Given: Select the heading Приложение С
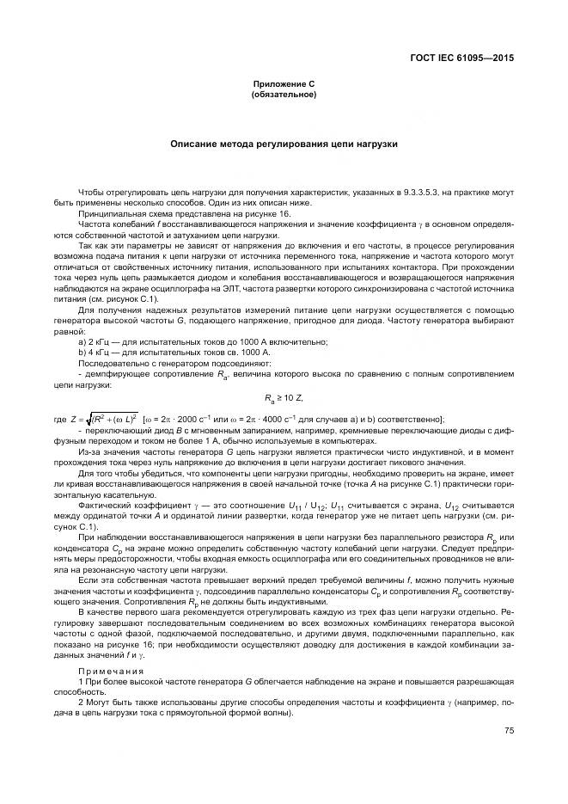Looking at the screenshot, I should point(284,83).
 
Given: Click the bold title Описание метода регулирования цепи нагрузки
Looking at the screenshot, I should point(284,144).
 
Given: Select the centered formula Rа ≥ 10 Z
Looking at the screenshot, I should point(284,397).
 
